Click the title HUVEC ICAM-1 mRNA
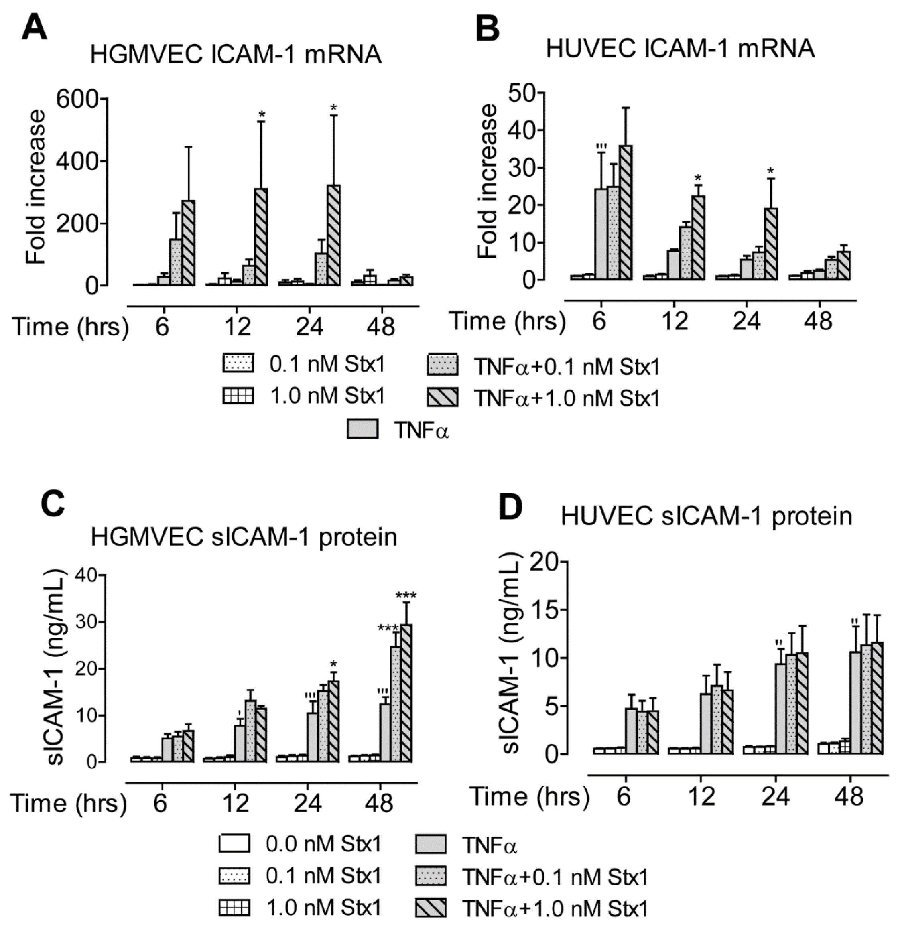[680, 49]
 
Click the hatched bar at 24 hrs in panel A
[333, 236]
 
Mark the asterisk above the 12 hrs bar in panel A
[262, 115]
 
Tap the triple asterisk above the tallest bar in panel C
[406, 596]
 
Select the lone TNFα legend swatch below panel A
[362, 429]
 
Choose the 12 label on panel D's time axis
[701, 797]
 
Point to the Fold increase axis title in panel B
[488, 181]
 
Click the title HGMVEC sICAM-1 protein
[244, 537]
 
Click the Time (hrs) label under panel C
[69, 803]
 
